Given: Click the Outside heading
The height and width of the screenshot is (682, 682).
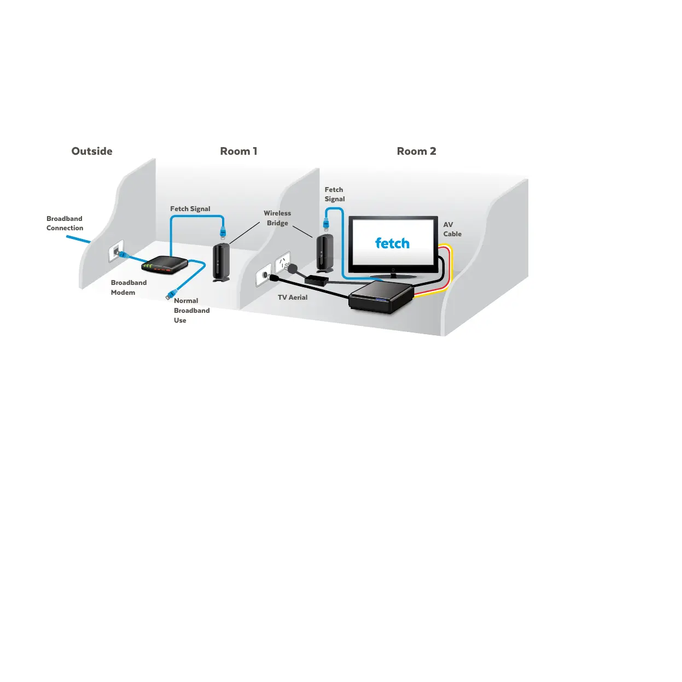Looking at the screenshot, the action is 92,151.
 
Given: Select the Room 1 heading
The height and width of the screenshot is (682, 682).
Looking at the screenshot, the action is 238,151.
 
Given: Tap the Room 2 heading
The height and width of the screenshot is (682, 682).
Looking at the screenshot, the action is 416,151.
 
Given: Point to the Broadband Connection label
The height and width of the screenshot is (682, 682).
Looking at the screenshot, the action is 65,223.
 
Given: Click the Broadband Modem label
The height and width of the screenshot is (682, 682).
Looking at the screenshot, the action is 129,288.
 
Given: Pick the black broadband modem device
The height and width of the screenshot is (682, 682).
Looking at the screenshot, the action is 164,265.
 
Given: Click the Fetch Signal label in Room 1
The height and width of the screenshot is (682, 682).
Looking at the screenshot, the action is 190,209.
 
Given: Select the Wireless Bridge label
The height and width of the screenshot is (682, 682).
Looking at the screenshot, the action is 277,218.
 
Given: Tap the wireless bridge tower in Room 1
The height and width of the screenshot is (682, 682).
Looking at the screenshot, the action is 221,262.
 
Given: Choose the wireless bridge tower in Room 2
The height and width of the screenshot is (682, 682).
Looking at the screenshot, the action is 324,253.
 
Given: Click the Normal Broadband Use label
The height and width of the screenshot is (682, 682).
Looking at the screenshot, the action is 191,311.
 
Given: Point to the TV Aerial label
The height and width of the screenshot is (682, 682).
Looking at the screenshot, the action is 293,298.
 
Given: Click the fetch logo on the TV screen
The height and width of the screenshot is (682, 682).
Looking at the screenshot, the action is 392,243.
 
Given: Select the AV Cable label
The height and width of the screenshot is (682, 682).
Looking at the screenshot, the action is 452,229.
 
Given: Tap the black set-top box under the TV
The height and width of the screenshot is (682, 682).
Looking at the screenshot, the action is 381,298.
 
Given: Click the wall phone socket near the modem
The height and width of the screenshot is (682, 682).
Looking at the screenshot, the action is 116,251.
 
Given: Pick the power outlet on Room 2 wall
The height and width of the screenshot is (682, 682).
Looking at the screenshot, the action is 283,263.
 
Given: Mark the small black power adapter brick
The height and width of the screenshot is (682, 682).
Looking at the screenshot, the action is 317,280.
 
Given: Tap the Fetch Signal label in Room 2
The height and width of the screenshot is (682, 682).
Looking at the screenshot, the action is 334,194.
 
